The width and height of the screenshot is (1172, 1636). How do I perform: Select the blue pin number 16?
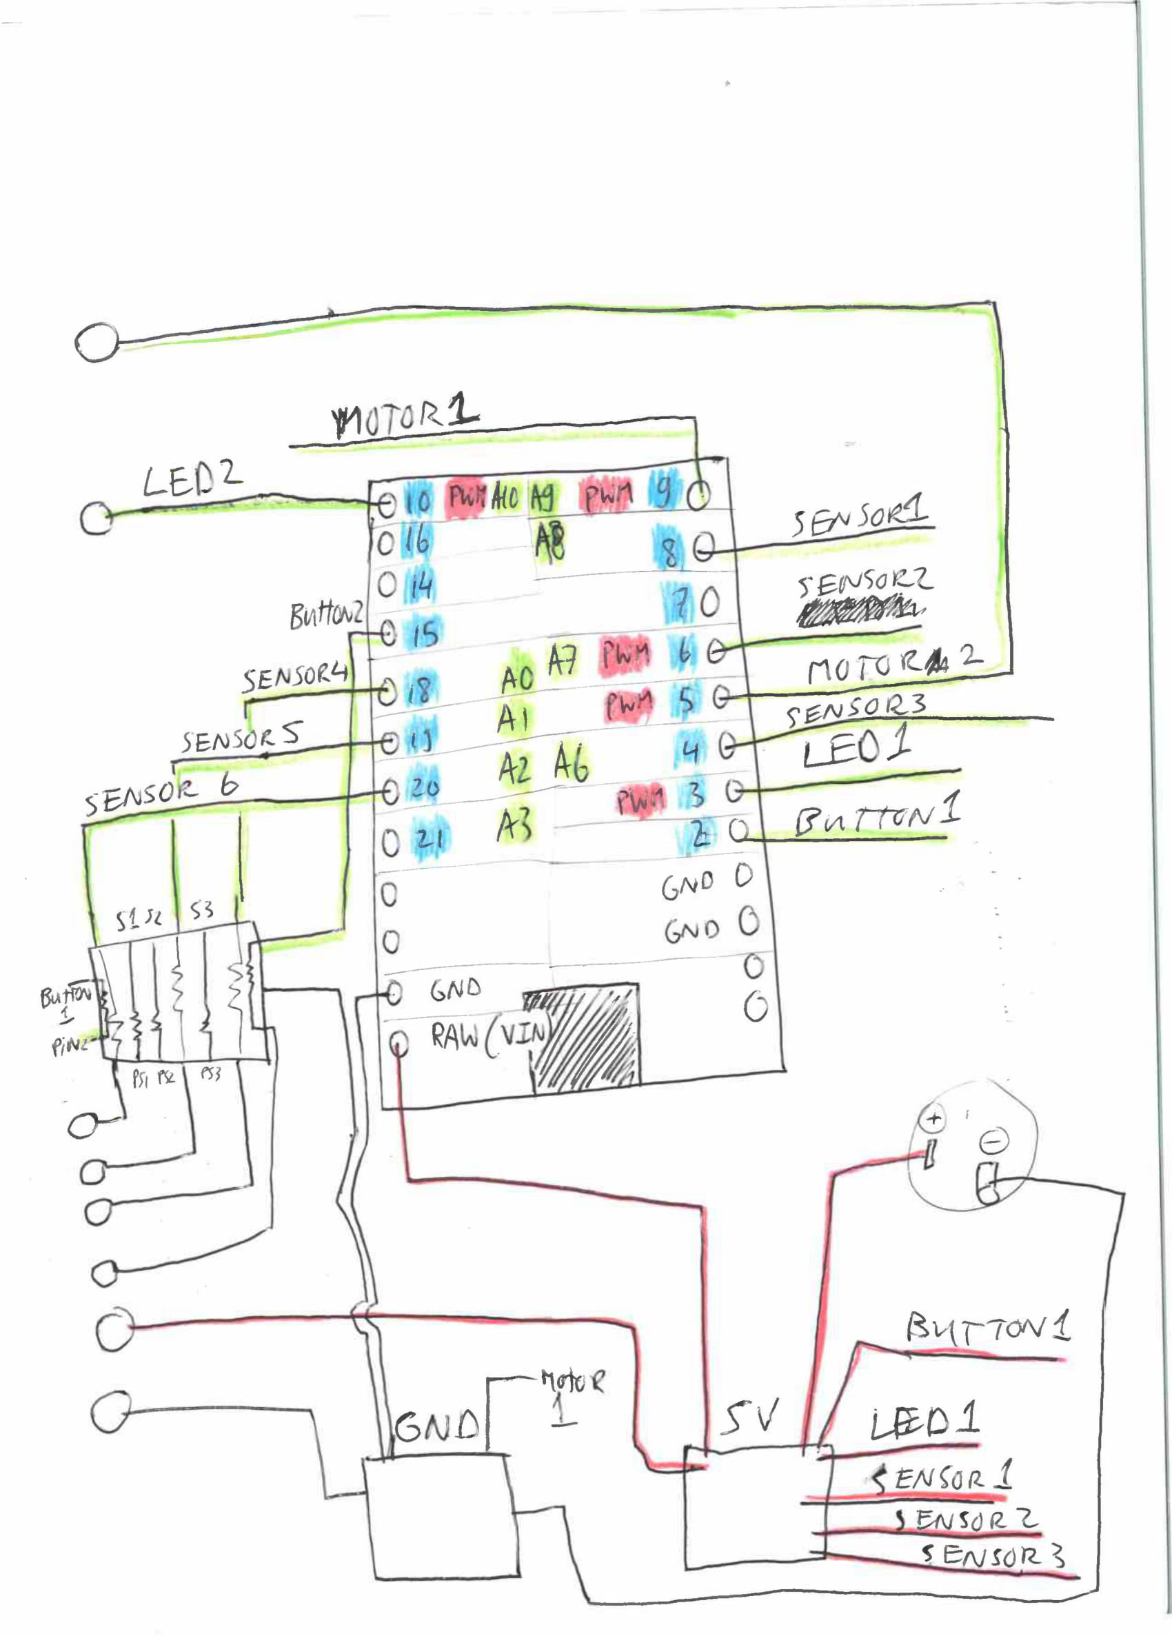point(417,540)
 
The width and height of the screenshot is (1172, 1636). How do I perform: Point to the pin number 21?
point(429,839)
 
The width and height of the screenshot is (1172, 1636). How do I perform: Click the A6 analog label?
point(572,763)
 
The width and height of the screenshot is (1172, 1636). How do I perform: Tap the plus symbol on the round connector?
point(933,1120)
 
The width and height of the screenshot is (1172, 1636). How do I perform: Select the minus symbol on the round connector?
point(994,1141)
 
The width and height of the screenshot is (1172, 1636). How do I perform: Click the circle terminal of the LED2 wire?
point(96,518)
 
